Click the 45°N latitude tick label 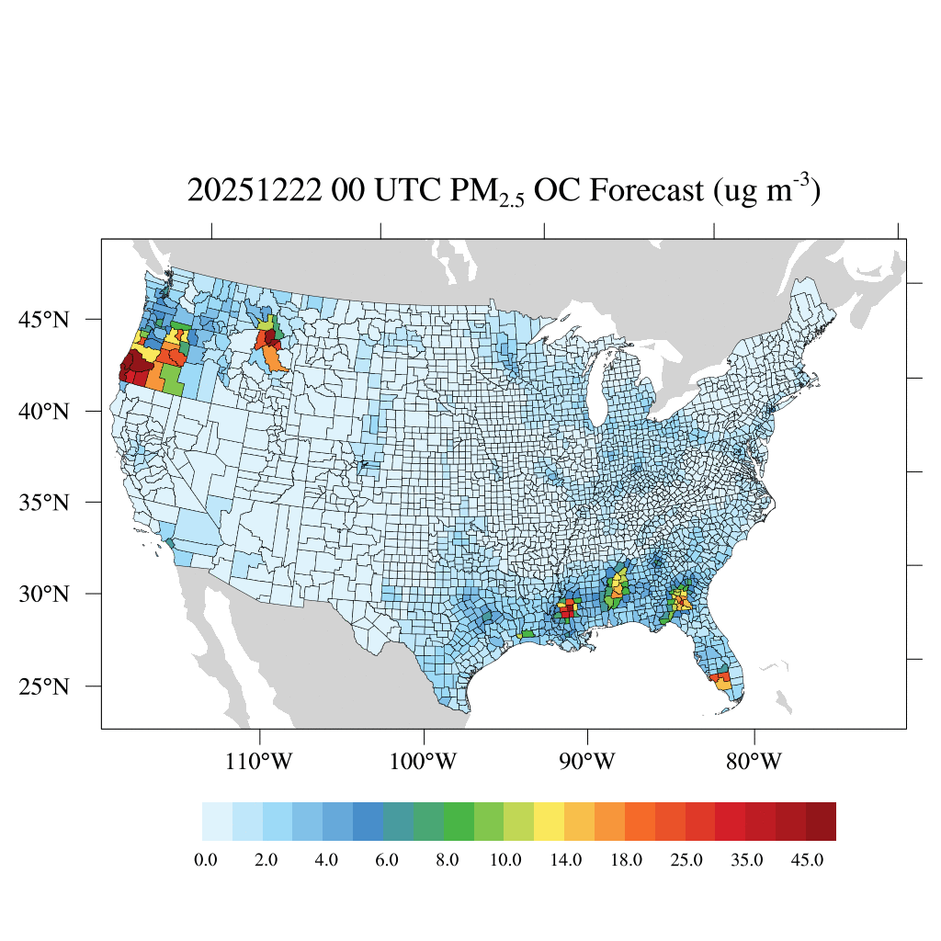[x=45, y=320]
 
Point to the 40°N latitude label [x=45, y=411]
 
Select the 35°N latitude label [x=45, y=503]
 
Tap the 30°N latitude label [x=45, y=594]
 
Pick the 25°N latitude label [x=45, y=686]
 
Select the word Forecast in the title [x=647, y=191]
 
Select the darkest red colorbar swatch [x=821, y=822]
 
